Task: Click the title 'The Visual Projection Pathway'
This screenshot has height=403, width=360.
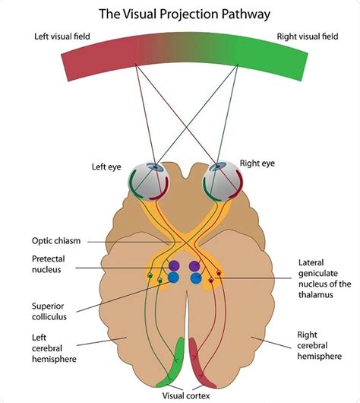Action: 181,14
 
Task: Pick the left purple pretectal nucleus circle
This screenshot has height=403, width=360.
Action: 174,265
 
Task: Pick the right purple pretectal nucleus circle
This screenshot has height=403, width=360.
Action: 195,266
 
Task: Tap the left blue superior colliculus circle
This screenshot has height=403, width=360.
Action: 174,278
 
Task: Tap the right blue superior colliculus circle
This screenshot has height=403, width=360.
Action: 196,279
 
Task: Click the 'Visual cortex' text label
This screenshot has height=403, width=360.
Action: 185,395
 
